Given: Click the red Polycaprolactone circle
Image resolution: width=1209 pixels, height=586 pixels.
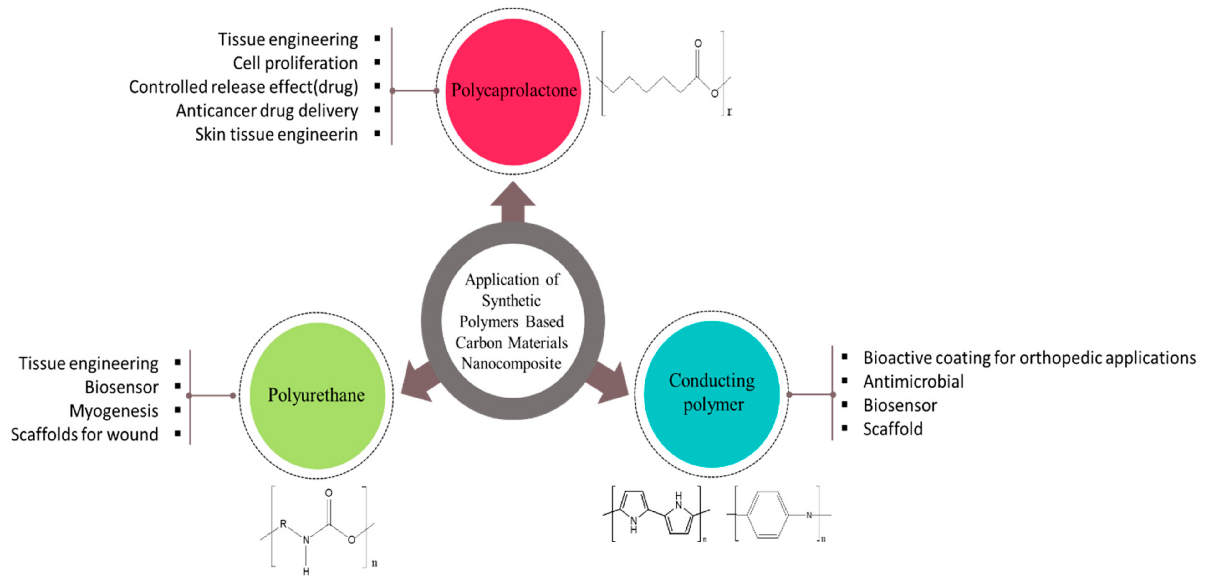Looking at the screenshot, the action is pos(513,91).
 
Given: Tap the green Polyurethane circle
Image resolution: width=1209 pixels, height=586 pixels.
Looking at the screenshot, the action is pos(317,395).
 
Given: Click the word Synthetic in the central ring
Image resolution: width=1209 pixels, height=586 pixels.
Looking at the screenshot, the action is pos(511,301).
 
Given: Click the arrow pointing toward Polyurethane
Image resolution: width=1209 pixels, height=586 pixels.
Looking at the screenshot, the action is pos(420,383).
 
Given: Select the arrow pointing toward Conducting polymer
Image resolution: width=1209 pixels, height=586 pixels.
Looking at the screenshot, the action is pos(608,383).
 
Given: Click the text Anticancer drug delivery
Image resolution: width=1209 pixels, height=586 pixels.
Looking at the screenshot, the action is pos(267,111).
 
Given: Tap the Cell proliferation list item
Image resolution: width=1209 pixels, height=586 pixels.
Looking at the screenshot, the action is pos(295,63).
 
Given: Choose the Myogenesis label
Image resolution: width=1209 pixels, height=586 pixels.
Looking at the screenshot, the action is pos(114,411).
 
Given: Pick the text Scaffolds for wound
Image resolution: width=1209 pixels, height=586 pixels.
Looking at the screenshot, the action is pos(84,434).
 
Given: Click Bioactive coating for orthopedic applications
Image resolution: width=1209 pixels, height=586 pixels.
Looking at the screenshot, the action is pos(1029,358).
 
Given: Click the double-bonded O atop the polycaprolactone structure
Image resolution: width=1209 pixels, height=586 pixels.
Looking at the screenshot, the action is pos(698,44).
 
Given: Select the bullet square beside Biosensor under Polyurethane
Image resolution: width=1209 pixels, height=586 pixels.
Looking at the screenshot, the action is pos(177,386).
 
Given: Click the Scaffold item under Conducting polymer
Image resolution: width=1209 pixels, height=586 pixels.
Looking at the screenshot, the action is pos(893,429).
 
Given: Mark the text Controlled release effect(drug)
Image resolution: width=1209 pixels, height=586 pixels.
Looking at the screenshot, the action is pos(243,87).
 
